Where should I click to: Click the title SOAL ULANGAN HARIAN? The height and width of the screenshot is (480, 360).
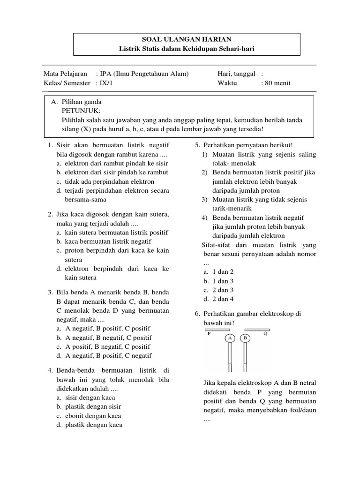click(187, 40)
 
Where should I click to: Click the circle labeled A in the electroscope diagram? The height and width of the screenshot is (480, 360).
click(230, 338)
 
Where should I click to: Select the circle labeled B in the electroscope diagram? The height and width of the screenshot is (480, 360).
click(245, 338)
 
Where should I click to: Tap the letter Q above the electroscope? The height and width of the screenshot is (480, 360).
click(265, 334)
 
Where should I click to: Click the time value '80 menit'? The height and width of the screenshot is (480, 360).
click(278, 83)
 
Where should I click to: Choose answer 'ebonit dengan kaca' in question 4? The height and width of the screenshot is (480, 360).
click(93, 416)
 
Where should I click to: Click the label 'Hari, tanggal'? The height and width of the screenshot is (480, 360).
click(236, 74)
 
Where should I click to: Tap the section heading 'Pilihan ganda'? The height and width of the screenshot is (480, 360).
click(82, 102)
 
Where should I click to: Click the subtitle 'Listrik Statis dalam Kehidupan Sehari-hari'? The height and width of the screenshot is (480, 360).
click(187, 49)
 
